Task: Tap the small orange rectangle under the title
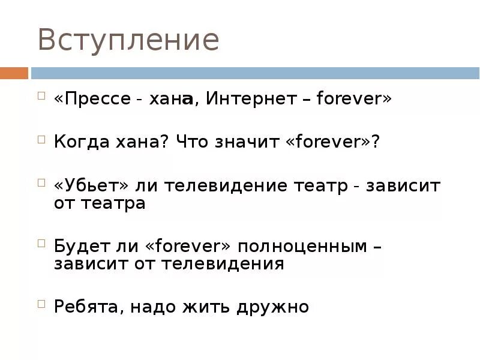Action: (14, 73)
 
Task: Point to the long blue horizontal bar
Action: (255, 73)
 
